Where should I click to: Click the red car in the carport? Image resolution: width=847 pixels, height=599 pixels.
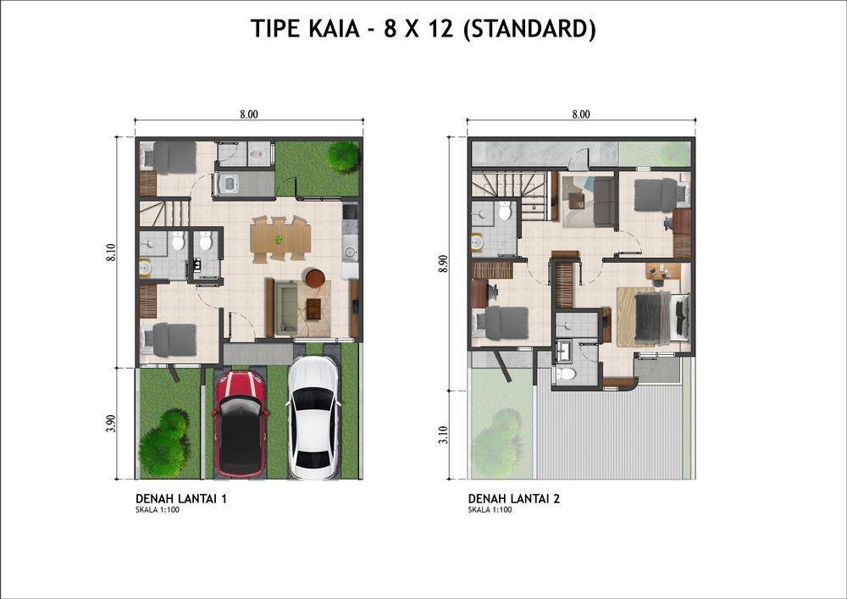click(x=241, y=424)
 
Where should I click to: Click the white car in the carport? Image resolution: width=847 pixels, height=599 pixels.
click(x=314, y=418)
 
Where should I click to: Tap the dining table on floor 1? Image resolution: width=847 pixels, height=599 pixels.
click(x=280, y=239)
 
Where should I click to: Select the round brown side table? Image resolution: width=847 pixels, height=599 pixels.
click(x=315, y=278)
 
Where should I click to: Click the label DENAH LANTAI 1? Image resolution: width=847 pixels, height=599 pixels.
click(x=181, y=498)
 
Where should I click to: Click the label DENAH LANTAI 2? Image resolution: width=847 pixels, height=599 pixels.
click(x=514, y=498)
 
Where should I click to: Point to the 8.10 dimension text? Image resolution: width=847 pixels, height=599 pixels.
click(x=111, y=252)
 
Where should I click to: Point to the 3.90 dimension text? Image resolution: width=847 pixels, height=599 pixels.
click(x=111, y=424)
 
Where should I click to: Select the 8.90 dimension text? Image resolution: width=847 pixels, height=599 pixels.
click(x=444, y=263)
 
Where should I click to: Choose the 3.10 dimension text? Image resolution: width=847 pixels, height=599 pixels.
click(x=444, y=435)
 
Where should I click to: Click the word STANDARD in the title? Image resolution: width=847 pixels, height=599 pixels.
click(x=529, y=29)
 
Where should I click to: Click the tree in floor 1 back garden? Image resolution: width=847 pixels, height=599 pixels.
click(x=343, y=157)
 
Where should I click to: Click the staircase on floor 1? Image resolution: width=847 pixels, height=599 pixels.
click(x=165, y=214)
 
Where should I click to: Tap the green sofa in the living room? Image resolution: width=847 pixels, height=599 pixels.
click(x=286, y=308)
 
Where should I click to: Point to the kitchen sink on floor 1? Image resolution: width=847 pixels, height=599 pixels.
click(x=350, y=252)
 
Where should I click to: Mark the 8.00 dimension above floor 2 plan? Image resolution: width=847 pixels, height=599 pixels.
click(x=581, y=114)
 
